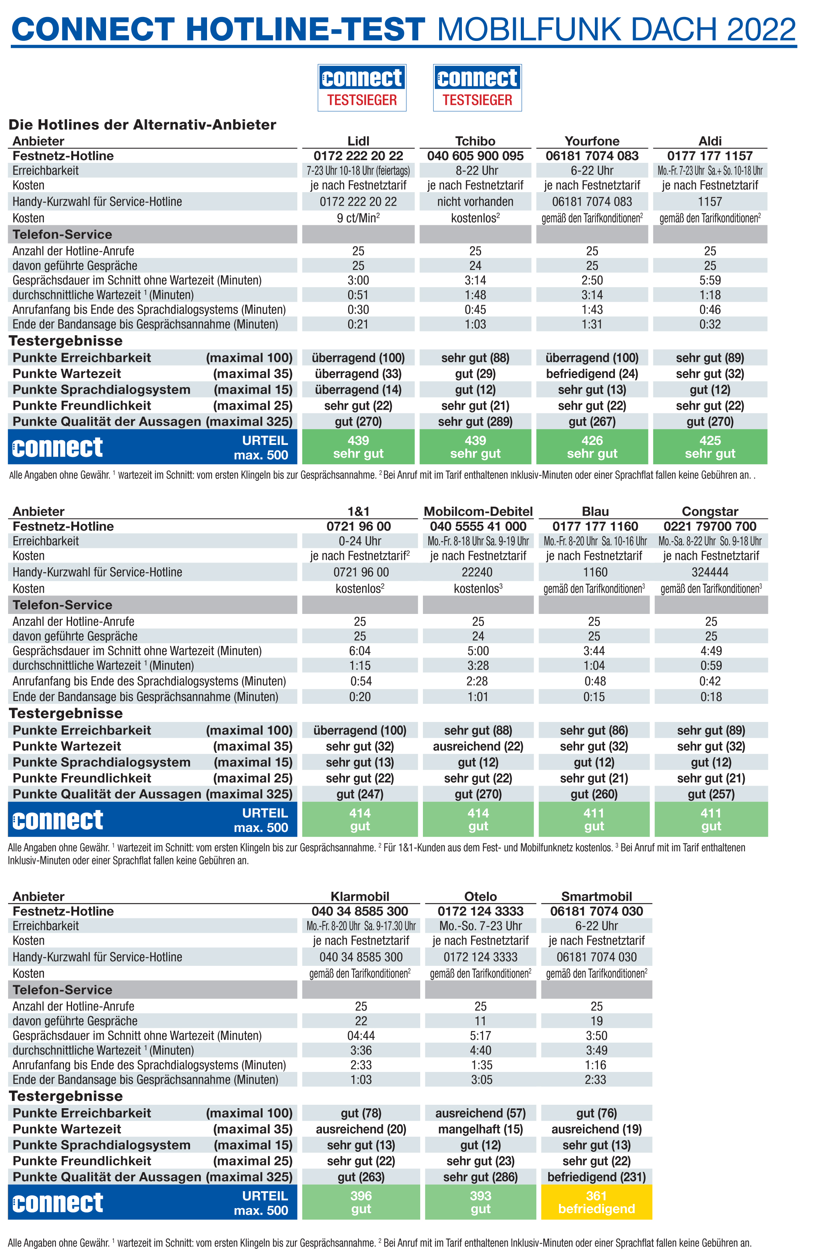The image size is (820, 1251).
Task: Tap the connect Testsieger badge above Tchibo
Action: pos(477,87)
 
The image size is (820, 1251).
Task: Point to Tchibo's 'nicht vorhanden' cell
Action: pos(475,201)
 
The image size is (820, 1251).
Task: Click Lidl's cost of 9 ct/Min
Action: pos(358,218)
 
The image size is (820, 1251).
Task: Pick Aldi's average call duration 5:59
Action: pos(710,280)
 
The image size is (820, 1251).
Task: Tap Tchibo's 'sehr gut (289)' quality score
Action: pos(475,421)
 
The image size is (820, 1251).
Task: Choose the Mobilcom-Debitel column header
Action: pos(478,511)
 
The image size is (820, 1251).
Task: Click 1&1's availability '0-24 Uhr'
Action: pos(359,541)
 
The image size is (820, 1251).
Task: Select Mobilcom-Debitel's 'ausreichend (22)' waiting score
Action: pos(478,746)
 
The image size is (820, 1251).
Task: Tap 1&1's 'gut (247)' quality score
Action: pos(359,794)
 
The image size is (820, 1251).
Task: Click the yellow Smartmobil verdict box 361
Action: pos(596,1202)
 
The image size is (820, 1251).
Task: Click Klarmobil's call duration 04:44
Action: pos(361,1036)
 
